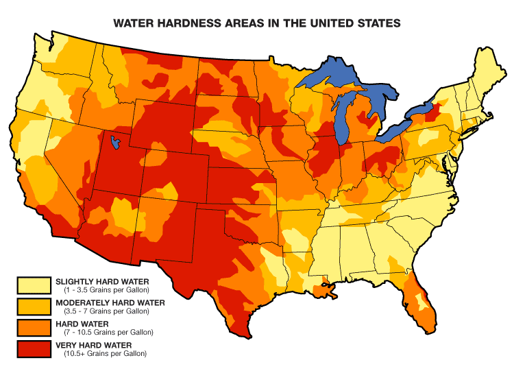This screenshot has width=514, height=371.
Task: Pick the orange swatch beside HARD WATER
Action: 34,328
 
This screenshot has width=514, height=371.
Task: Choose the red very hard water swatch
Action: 34,349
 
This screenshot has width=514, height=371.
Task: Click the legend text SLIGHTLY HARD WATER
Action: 101,281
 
